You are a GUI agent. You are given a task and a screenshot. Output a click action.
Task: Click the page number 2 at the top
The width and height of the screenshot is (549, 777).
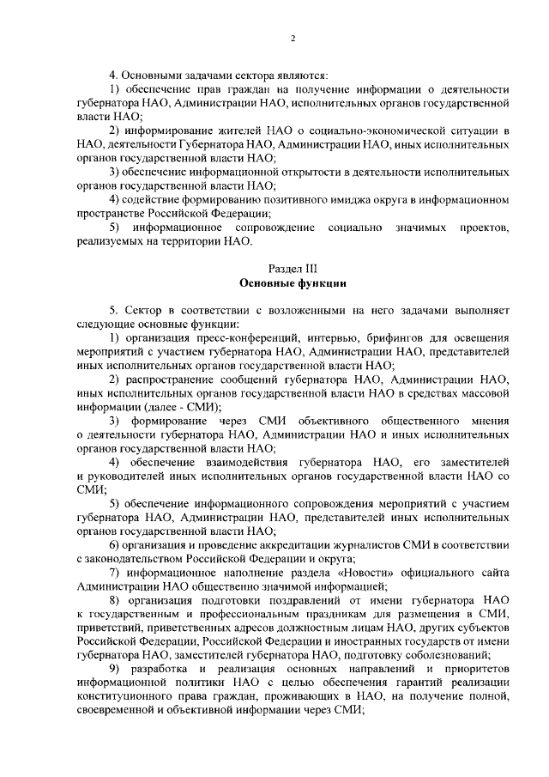click(x=293, y=39)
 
